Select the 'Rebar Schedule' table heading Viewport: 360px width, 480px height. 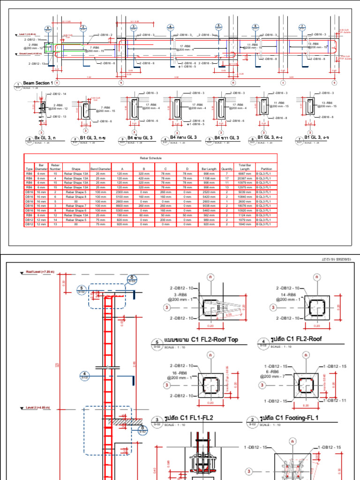[x=150, y=158]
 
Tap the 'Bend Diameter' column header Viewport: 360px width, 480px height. [x=101, y=169]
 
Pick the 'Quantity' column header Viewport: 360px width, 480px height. [x=226, y=169]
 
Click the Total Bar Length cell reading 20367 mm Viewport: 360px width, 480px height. [x=245, y=179]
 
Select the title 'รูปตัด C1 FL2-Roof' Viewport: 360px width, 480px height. [x=298, y=339]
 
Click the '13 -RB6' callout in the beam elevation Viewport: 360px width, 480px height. [x=314, y=43]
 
